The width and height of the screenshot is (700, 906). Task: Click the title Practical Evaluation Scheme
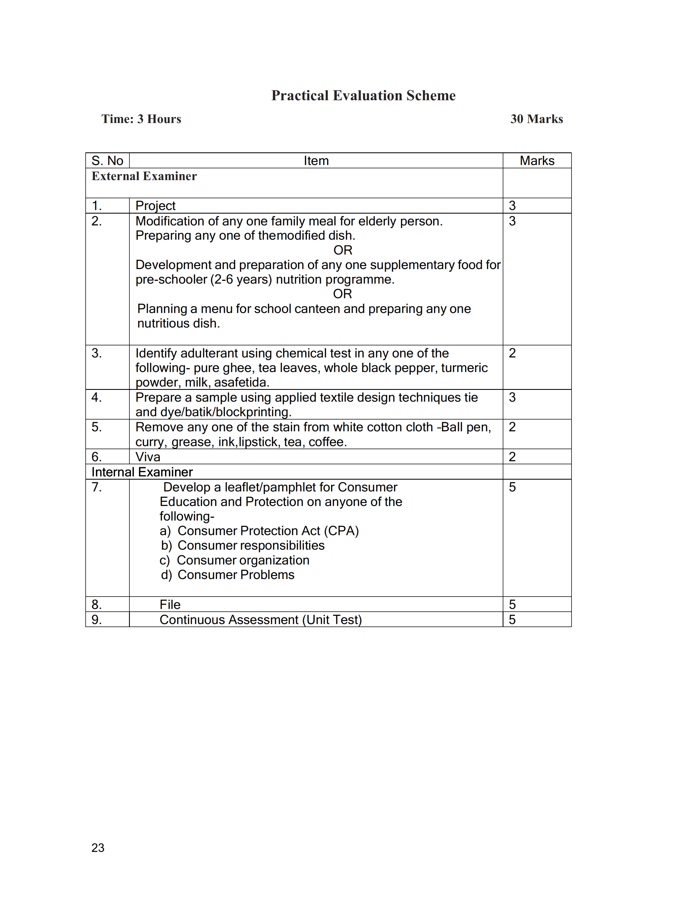(363, 96)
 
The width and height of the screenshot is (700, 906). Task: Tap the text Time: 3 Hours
(141, 119)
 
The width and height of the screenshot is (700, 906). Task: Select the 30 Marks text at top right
(537, 119)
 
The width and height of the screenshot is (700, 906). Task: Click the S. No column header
(107, 161)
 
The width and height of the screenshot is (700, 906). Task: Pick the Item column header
(316, 161)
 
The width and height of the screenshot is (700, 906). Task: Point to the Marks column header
(537, 161)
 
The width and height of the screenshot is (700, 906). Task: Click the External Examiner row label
(144, 176)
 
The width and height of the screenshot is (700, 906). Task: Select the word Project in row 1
(155, 206)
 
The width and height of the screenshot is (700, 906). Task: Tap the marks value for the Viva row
(513, 457)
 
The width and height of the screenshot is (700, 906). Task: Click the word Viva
(148, 457)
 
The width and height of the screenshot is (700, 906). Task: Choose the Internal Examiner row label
(142, 472)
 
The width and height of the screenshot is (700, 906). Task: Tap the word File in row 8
(170, 605)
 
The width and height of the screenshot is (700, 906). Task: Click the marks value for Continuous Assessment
(513, 620)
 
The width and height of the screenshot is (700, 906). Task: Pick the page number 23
(98, 848)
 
